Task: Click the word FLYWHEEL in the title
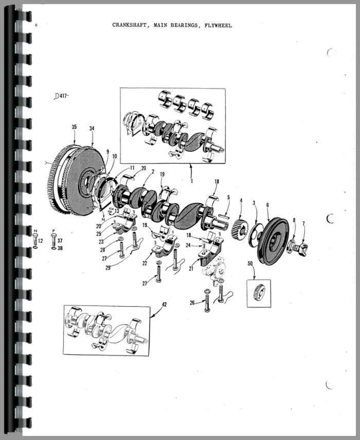(218, 26)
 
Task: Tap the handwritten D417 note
(61, 96)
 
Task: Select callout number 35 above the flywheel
(74, 127)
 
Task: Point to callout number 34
(92, 128)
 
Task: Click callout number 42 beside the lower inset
(164, 304)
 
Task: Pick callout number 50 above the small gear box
(250, 263)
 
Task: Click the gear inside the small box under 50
(259, 293)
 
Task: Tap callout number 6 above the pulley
(267, 205)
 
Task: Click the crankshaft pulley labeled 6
(273, 241)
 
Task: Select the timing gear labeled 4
(240, 229)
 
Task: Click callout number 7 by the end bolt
(303, 224)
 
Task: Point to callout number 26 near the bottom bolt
(192, 303)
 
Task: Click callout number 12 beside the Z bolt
(41, 241)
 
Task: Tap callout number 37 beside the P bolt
(60, 240)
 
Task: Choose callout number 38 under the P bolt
(60, 248)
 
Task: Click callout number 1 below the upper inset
(192, 181)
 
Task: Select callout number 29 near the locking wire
(108, 268)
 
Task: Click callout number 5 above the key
(228, 197)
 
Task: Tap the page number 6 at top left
(36, 25)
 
